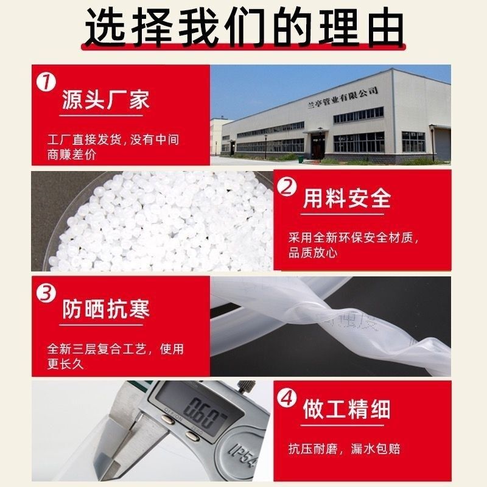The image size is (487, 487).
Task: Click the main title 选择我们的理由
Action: coord(243,27)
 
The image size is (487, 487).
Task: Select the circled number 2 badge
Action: coord(288,187)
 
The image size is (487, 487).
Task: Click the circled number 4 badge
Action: coord(288,399)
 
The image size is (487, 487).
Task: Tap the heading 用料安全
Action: coord(346,200)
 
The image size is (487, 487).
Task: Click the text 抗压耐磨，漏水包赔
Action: coord(345,450)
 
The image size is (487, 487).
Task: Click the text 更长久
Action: coord(65,365)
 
